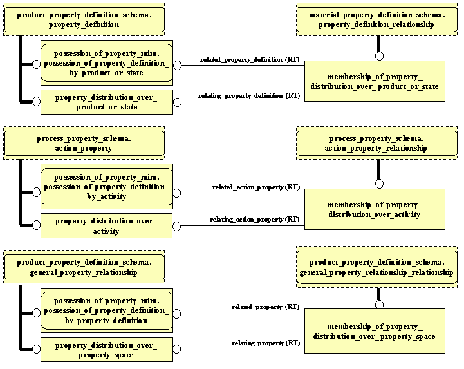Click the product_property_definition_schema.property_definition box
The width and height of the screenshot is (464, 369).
[84, 20]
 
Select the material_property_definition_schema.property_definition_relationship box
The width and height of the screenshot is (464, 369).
[376, 20]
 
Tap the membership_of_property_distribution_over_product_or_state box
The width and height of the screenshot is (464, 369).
[375, 81]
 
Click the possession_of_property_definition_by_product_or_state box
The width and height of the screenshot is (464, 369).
[107, 63]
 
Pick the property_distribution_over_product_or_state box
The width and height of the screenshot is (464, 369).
[107, 102]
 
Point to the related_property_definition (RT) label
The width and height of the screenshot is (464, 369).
[250, 59]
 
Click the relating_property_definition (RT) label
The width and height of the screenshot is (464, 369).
[249, 96]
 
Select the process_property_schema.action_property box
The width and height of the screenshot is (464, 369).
[84, 143]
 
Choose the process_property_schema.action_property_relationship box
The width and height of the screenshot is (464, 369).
[376, 143]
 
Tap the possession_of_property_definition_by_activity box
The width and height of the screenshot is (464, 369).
[107, 187]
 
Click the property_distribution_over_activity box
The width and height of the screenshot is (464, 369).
[107, 225]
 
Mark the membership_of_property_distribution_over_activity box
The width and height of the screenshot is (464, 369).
[375, 209]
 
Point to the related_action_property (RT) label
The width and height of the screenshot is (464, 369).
[256, 187]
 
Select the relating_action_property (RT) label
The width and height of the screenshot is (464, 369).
[255, 220]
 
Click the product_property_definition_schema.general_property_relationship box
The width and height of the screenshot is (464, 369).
[84, 267]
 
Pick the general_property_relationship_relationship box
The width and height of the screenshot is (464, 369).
[376, 267]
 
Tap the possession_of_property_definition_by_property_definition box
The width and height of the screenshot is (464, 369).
[107, 310]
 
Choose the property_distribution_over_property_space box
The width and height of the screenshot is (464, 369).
[107, 350]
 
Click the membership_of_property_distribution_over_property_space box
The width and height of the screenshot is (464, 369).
[375, 331]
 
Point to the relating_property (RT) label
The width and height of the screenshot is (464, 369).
[266, 343]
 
